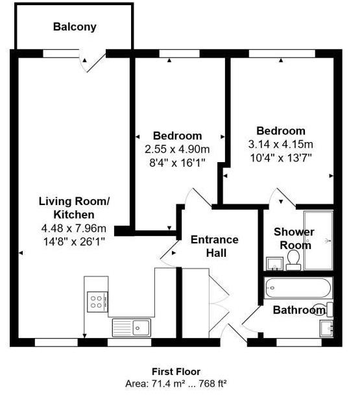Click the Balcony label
[75, 27]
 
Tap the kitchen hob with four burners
[97, 302]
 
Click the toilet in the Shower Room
[293, 260]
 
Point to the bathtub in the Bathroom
[298, 288]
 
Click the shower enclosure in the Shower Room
[318, 241]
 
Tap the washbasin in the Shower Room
[274, 263]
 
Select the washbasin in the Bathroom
[326, 328]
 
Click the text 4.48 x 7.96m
[74, 228]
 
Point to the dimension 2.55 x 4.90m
[177, 149]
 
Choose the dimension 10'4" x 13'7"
[280, 158]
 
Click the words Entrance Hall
[215, 246]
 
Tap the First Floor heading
[176, 372]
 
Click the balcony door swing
[91, 62]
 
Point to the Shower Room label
[294, 239]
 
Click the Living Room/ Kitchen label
[74, 208]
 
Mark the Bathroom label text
[299, 310]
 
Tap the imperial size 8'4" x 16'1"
[177, 163]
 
